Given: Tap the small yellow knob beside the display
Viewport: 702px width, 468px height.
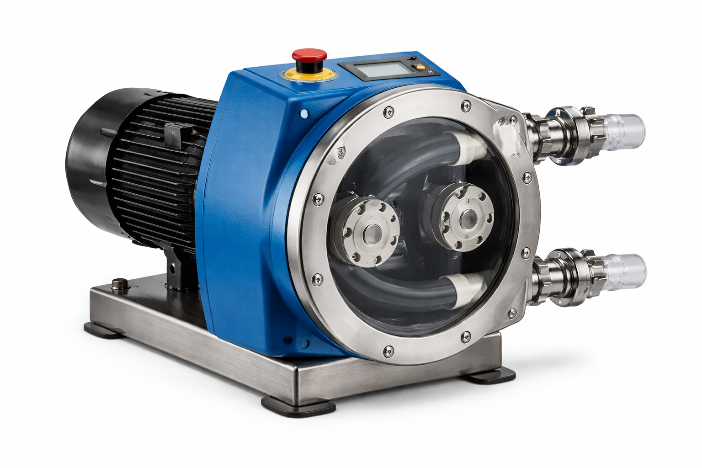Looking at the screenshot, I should pos(417,68).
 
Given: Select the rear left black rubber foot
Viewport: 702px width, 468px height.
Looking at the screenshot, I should pos(103,330).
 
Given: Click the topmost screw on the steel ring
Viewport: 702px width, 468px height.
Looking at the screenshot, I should pos(465,106).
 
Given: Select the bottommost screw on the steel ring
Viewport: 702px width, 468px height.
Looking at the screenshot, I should pos(388,351).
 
